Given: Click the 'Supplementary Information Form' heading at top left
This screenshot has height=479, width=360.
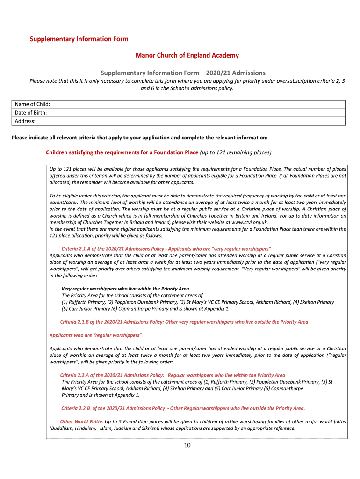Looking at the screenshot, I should click(x=79, y=39).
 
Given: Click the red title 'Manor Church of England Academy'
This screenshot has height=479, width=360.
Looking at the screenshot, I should click(x=187, y=55).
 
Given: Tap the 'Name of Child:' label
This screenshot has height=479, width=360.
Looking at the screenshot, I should click(x=32, y=104).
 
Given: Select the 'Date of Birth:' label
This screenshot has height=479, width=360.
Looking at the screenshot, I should click(x=31, y=113).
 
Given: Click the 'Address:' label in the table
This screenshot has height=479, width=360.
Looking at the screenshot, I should click(x=25, y=121).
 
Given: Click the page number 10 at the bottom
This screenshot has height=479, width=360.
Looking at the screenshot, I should click(x=187, y=445).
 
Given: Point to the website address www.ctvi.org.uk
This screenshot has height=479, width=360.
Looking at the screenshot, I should click(x=249, y=222).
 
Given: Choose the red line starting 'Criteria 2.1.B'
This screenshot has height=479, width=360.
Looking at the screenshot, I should click(x=184, y=322).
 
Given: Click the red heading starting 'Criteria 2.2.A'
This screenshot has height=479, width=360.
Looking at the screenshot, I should click(x=173, y=375).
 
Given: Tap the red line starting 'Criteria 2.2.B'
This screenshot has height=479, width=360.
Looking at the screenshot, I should click(x=183, y=408).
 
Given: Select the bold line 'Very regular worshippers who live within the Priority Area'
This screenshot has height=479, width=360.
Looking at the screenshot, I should click(x=125, y=289).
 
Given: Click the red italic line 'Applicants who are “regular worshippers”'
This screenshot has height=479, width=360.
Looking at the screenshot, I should click(x=96, y=335).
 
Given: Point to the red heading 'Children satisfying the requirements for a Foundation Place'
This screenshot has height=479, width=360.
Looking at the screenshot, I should click(x=122, y=152).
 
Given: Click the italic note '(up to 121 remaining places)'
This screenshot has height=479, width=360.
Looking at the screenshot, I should click(x=236, y=152).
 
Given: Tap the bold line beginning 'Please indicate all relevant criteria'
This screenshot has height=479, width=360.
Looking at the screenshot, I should click(x=140, y=138).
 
